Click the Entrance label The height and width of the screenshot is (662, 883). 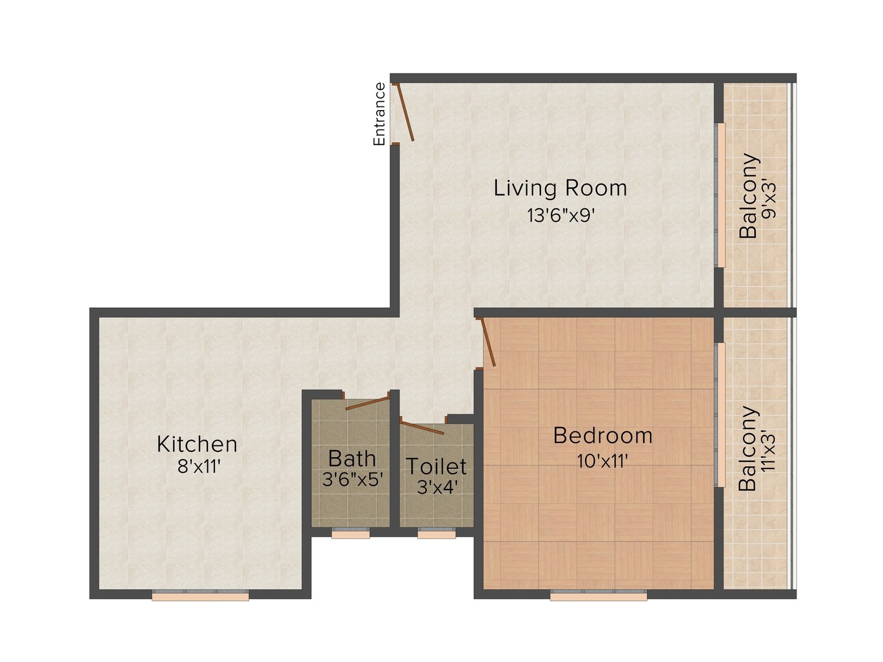tap(379, 114)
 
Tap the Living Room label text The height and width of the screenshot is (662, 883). tap(560, 188)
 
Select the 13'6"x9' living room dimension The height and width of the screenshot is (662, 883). tap(561, 216)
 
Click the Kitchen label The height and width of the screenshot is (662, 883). tap(197, 444)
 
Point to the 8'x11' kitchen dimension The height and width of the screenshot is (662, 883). tap(199, 467)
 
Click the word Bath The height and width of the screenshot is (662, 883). tap(352, 458)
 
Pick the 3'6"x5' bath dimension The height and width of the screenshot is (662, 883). tap(353, 479)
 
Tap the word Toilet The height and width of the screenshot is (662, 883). tap(436, 466)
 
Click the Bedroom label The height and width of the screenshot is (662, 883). tap(603, 435)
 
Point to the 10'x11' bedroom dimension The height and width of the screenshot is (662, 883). tap(603, 461)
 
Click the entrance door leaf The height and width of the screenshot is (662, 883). tap(406, 112)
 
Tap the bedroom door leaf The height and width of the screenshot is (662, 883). tap(488, 342)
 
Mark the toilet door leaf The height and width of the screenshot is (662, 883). tap(422, 428)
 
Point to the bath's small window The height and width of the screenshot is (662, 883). tap(351, 533)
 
